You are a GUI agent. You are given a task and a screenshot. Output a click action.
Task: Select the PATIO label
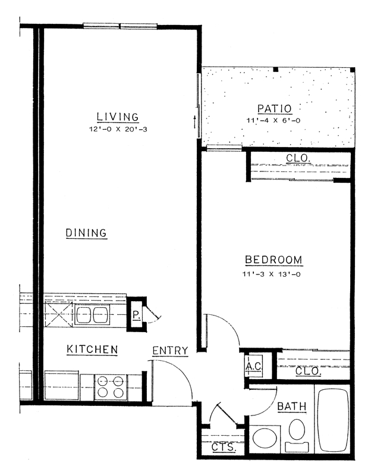(x=274, y=108)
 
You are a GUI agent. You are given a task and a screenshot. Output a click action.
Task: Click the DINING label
(x=86, y=233)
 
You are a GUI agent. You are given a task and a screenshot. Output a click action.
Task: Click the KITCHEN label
(x=92, y=349)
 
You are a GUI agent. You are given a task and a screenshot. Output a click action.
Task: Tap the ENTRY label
(x=170, y=351)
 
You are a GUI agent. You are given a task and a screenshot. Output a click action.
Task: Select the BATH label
(x=292, y=407)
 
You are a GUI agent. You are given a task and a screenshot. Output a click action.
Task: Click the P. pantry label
(x=136, y=315)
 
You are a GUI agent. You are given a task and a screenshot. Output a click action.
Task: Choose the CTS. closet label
(x=224, y=446)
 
